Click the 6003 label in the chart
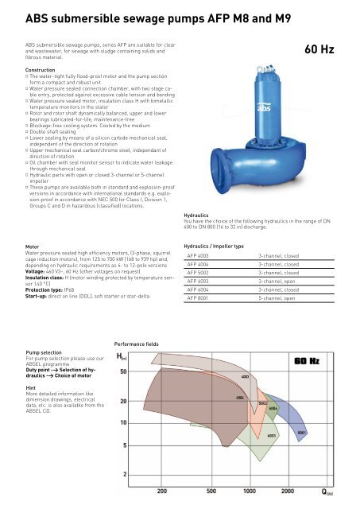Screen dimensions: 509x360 [271, 435]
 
